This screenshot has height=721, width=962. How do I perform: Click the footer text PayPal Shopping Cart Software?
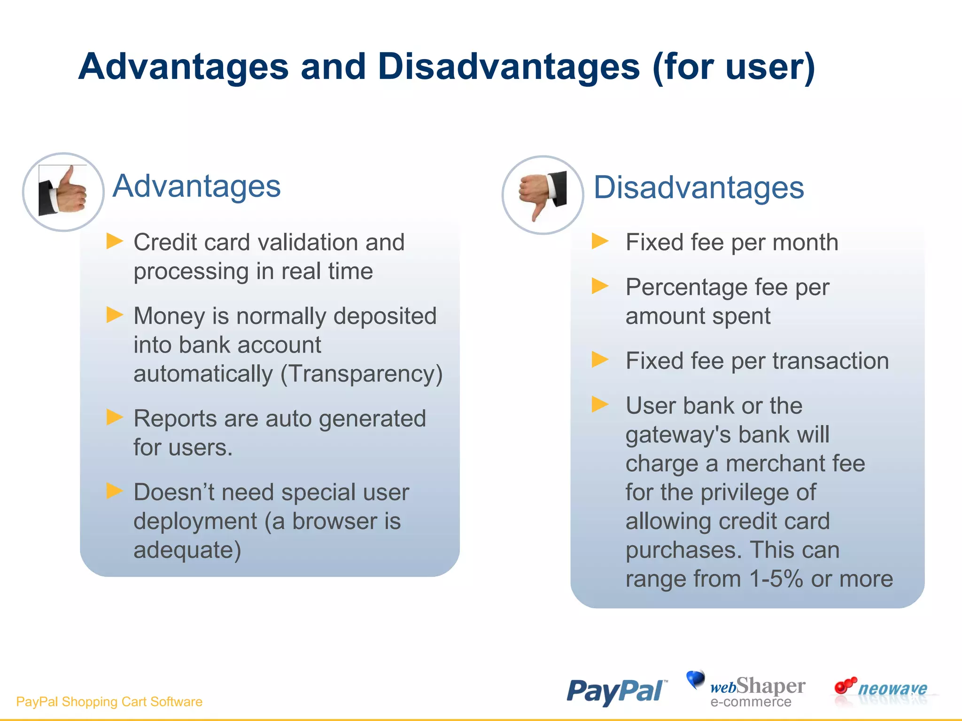click(109, 701)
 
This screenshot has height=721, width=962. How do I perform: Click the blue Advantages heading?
click(196, 186)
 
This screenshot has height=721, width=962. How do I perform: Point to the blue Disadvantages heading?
click(698, 187)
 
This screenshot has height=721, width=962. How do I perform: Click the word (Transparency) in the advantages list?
click(361, 374)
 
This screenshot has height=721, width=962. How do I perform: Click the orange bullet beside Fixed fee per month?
click(600, 241)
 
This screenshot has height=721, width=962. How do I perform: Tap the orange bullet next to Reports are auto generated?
click(114, 417)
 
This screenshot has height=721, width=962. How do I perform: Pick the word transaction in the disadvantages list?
click(830, 361)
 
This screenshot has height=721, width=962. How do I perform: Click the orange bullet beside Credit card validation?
click(114, 241)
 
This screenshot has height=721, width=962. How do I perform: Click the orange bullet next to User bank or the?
click(600, 404)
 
